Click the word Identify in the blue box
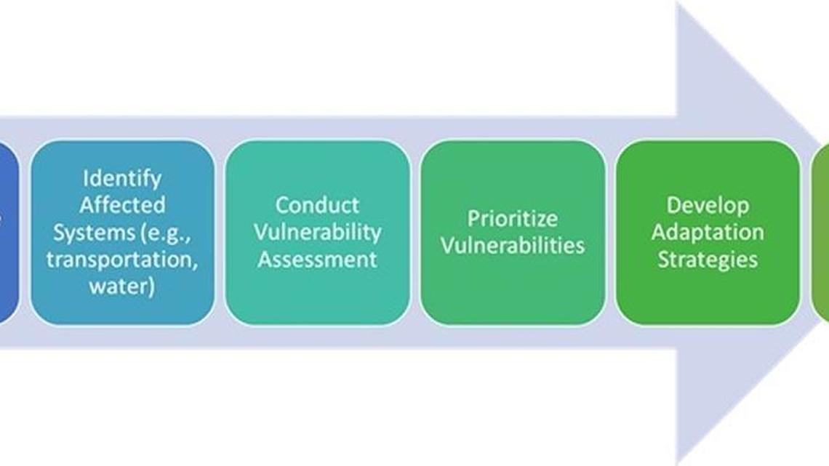coord(122,178)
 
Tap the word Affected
coord(122,205)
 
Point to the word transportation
coord(122,259)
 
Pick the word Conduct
coord(318,205)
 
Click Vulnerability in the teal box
coord(318,232)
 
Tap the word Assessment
coord(318,259)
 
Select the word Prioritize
coord(513,218)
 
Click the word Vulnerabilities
coord(513,245)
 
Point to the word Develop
coord(708,205)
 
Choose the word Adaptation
coord(708,232)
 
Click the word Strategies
coord(708,259)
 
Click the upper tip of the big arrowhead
coord(679,6)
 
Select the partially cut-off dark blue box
coord(7,232)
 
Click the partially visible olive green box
coord(821,232)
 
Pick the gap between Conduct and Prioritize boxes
coord(415,232)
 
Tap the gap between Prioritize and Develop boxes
coord(611,232)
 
